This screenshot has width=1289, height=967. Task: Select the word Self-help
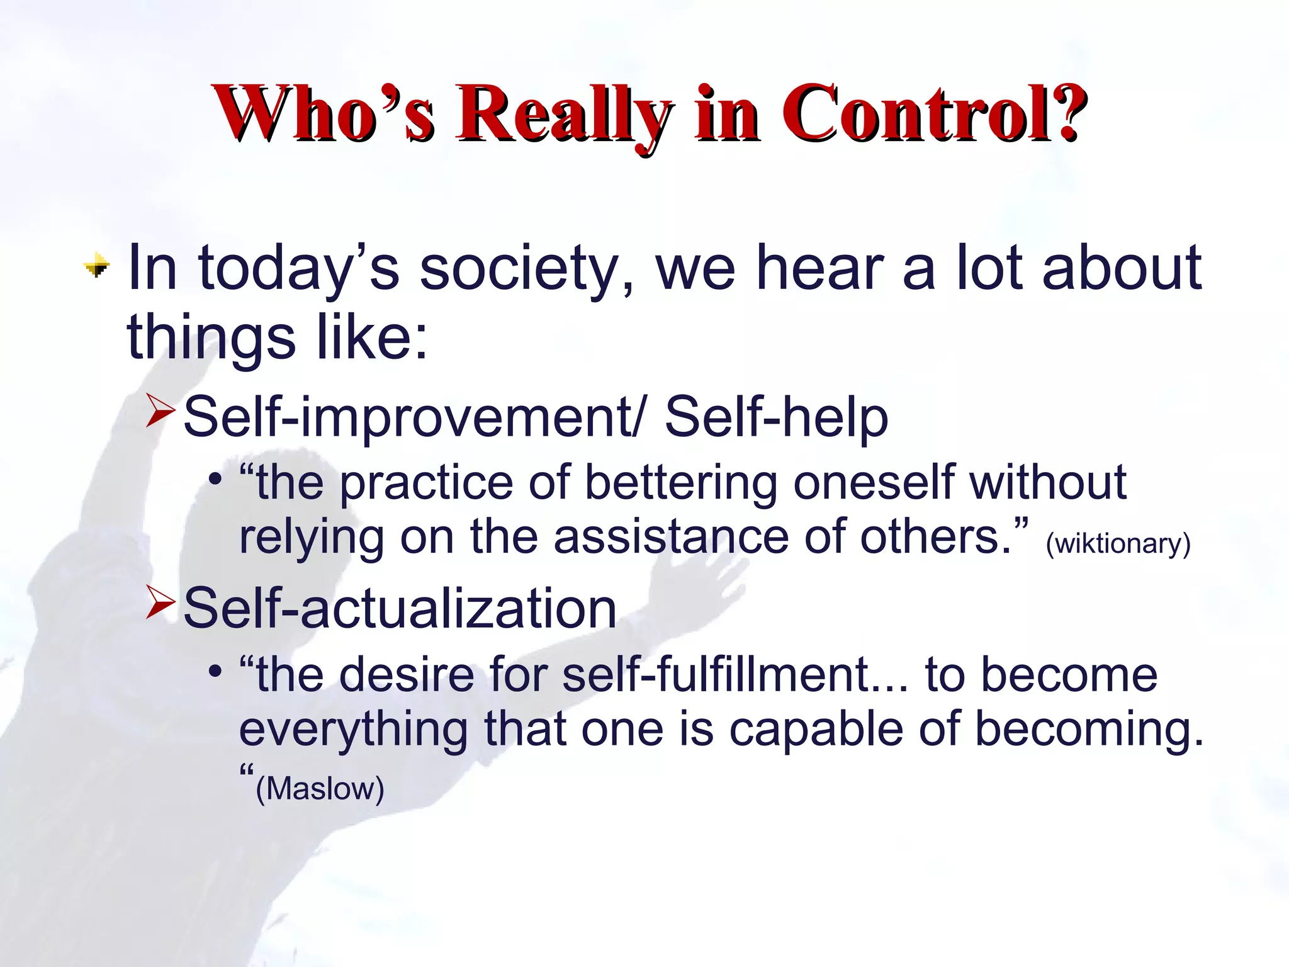(x=776, y=417)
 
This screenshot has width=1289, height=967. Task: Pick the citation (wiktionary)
(x=1118, y=543)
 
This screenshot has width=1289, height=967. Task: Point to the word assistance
(x=671, y=537)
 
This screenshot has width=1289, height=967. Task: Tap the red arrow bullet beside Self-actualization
(x=160, y=601)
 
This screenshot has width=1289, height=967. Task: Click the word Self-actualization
(x=400, y=608)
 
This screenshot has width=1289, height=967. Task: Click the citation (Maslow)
(x=320, y=789)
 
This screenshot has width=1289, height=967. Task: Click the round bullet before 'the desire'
(x=215, y=672)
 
